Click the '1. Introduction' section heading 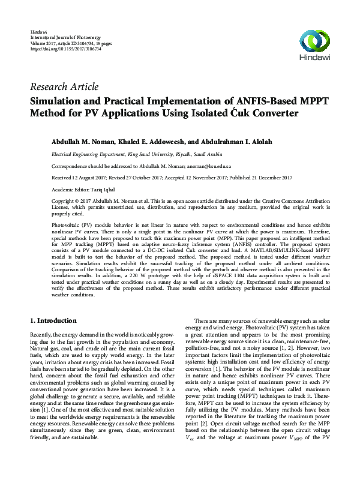[53, 321]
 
